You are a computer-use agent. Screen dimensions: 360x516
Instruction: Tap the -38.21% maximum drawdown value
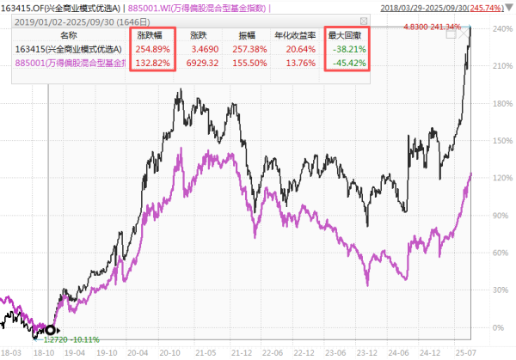point(348,50)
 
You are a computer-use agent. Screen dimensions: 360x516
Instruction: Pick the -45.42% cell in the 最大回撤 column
point(348,64)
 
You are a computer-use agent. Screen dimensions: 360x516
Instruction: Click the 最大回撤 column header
point(347,36)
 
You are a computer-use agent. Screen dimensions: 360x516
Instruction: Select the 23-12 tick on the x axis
point(368,352)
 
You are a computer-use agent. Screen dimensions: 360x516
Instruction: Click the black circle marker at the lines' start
point(50,329)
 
